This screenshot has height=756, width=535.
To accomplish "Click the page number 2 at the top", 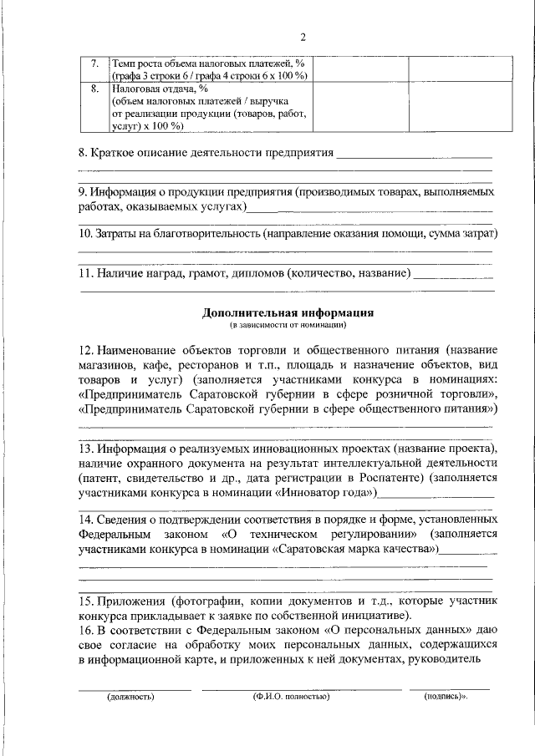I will tap(303, 37).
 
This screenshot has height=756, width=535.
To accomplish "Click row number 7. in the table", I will tap(94, 64).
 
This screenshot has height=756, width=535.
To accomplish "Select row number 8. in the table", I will tap(94, 88).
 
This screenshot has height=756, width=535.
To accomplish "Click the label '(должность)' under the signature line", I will tap(130, 695).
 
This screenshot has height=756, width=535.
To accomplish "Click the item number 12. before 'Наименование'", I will tap(86, 348).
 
